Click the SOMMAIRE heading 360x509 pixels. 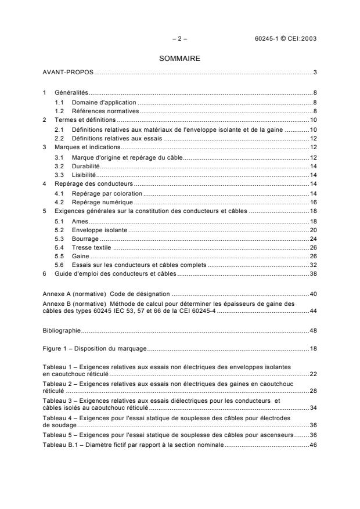point(179,58)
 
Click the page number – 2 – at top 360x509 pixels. point(179,39)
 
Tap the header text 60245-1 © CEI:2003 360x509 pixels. point(286,39)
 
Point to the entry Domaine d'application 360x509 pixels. point(104,102)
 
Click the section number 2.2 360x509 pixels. point(59,139)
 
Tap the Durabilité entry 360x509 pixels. point(85,165)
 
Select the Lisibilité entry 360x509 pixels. point(84,174)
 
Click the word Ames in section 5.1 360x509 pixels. point(80,221)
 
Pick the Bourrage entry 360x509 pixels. point(85,239)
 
